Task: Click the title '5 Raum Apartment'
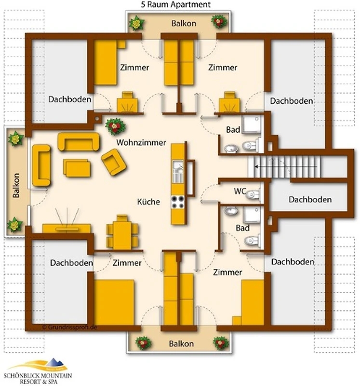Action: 176,4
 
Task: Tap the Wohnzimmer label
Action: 141,142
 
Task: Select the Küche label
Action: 148,202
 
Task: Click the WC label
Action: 240,191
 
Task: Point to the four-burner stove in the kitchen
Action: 177,202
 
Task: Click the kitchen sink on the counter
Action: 178,171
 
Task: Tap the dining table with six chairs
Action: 122,233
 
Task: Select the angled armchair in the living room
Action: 114,162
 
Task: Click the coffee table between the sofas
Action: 77,168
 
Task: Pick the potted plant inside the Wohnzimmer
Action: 115,126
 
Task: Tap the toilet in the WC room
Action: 253,194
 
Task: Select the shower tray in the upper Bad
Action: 252,124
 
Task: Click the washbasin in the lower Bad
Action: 231,211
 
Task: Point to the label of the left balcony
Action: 16,185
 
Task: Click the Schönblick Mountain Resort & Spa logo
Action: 38,371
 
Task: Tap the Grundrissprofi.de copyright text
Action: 69,327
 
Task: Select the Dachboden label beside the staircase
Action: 310,199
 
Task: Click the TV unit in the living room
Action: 67,228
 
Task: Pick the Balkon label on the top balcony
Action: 184,23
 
